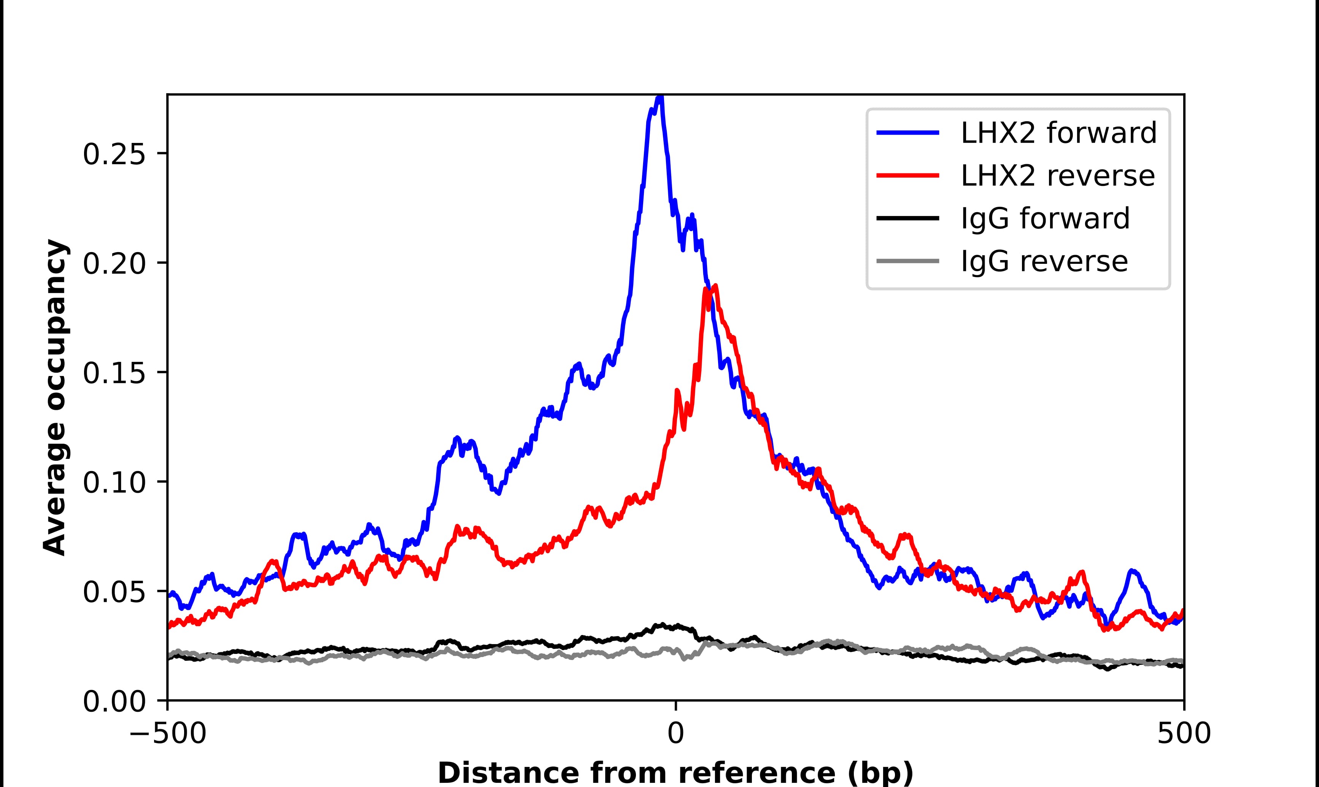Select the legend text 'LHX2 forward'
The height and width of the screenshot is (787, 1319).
[1058, 133]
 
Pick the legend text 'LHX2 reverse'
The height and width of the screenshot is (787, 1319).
[1057, 176]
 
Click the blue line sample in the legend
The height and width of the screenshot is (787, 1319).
[907, 133]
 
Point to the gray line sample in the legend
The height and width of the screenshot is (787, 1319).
[907, 261]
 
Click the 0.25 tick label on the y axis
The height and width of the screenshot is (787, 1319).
[114, 155]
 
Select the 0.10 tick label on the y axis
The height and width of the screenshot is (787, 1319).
[114, 482]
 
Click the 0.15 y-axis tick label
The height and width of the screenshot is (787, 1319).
[114, 373]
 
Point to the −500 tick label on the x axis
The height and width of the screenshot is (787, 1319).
[168, 734]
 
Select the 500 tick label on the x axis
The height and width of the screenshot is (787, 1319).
[1183, 734]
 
